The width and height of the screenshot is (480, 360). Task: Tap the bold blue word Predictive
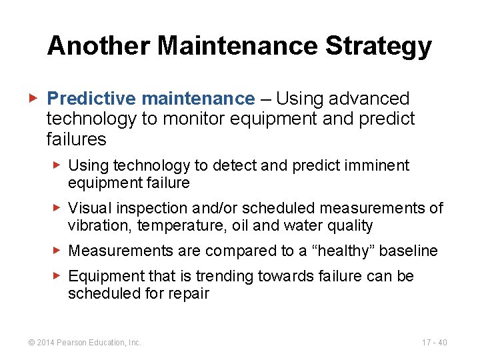(91, 99)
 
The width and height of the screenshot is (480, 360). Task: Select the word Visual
(90, 209)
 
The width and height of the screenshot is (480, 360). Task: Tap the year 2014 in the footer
(46, 343)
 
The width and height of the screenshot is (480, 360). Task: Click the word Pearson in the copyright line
(73, 343)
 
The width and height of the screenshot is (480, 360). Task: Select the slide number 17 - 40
(434, 343)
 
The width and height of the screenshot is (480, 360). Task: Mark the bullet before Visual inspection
(58, 209)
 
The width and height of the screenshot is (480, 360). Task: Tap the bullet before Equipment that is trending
(58, 276)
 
